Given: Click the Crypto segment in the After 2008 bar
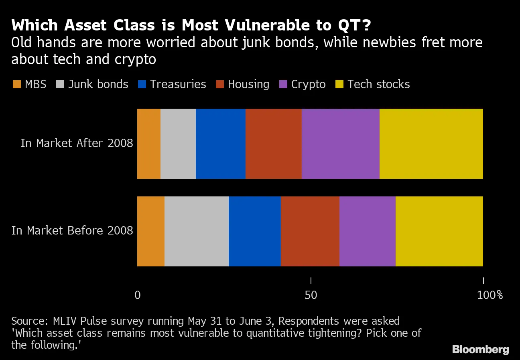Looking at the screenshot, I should point(340,144).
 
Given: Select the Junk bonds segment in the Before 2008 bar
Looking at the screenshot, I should point(196,231).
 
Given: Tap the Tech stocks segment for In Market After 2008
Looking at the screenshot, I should point(431,144).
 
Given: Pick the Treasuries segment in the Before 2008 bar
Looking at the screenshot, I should point(254,231).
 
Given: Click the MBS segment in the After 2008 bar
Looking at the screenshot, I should point(148,144).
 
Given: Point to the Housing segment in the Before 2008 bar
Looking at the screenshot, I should point(310,231).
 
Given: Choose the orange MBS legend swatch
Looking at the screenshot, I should point(16,85).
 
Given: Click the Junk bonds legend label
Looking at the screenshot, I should point(98,85).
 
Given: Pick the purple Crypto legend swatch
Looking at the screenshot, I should point(284,85).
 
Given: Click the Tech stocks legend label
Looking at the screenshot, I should point(378,85).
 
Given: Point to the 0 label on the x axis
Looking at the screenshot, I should point(137,295).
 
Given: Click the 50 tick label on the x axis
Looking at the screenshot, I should point(311,295).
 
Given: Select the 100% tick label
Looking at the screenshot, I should point(490,295).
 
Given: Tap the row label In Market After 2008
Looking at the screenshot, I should point(77,144).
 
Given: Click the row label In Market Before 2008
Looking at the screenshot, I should point(72,231).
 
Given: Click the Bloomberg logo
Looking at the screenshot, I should point(480,349).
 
